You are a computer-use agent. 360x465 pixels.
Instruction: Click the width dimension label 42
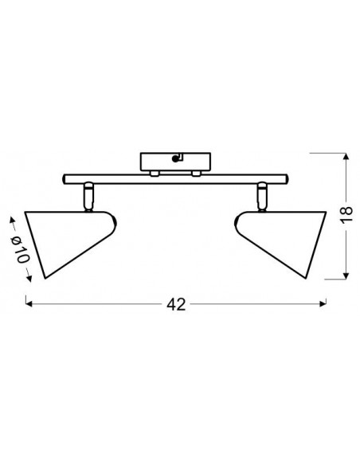[176, 304]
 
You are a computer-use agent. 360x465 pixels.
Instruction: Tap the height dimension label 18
[346, 213]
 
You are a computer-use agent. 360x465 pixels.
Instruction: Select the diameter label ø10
[21, 249]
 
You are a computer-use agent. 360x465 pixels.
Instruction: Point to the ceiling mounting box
[175, 162]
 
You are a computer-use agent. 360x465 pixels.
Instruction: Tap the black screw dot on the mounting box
[175, 159]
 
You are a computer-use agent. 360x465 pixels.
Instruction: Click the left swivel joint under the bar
[88, 197]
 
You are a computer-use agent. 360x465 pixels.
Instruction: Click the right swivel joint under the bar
[263, 197]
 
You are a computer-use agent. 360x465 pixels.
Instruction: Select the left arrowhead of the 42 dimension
[29, 303]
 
